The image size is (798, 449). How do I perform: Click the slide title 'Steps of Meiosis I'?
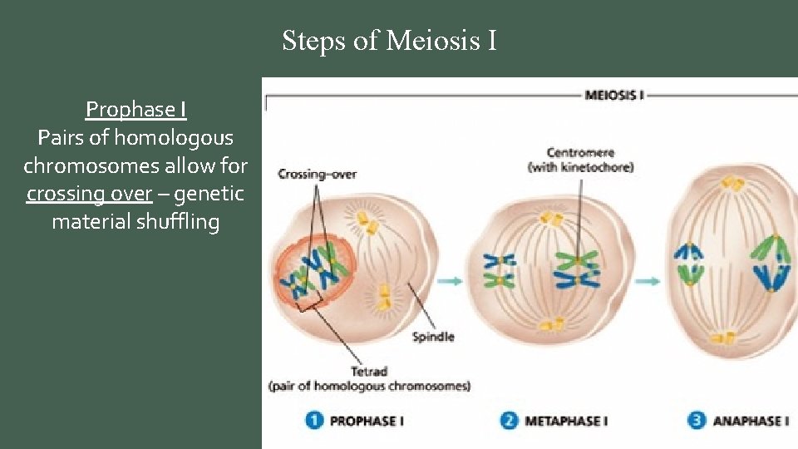tap(389, 40)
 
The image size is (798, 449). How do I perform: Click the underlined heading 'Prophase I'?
tap(135, 109)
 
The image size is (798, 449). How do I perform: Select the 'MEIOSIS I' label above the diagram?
tap(615, 95)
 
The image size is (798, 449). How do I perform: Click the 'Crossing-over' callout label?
tap(317, 174)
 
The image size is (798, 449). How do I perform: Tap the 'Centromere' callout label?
tap(580, 152)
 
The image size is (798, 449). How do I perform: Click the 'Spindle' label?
tap(433, 337)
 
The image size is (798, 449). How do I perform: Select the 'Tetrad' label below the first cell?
tap(369, 372)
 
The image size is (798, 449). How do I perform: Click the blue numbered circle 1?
tap(314, 420)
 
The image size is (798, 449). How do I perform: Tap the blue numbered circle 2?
tap(509, 420)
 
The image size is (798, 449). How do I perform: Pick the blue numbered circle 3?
tap(697, 420)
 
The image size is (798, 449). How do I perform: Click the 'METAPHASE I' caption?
tap(566, 421)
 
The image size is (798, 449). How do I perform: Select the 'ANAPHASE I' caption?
tap(749, 421)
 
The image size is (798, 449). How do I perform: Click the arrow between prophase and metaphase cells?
tap(450, 282)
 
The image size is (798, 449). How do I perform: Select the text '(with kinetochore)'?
tap(580, 167)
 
